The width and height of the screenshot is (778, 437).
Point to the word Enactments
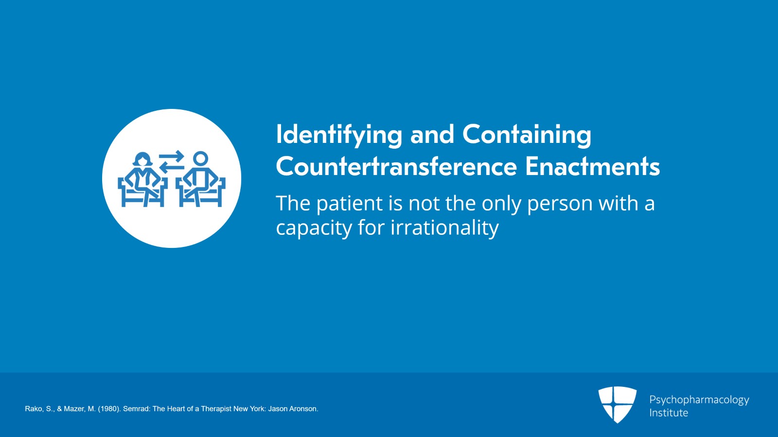(593, 166)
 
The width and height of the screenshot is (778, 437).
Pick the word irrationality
(444, 227)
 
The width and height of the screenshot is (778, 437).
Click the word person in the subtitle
(560, 204)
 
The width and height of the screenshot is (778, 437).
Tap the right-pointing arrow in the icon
(172, 156)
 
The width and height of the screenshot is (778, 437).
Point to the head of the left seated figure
(143, 159)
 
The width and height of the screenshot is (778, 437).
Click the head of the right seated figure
(200, 158)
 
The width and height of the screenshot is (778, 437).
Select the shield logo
(618, 404)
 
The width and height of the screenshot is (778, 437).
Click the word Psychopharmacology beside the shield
(699, 400)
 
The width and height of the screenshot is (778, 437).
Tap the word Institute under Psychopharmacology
(669, 413)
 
